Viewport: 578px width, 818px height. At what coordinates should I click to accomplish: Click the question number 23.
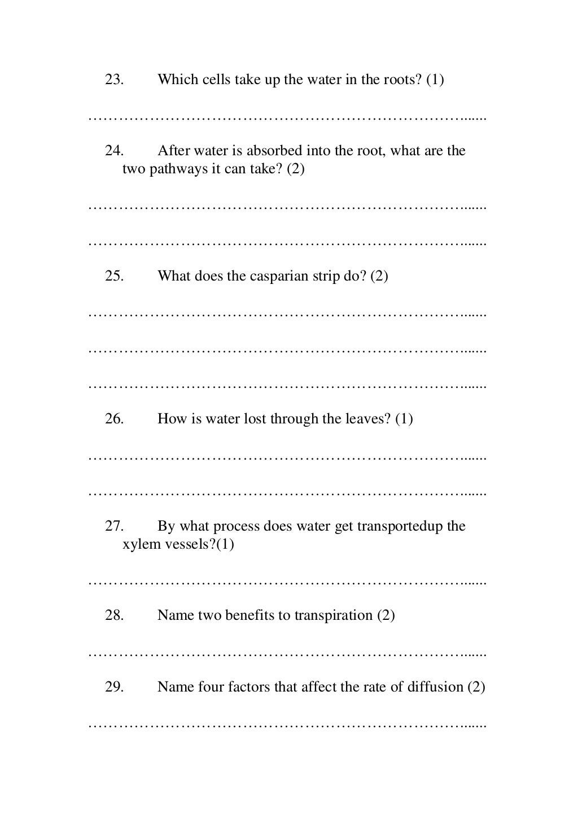(114, 80)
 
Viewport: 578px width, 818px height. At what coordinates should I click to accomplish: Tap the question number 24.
(114, 151)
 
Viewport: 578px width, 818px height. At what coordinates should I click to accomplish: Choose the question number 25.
(114, 276)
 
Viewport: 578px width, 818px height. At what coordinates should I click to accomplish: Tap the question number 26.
(114, 419)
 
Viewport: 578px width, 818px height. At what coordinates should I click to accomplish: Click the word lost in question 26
(255, 419)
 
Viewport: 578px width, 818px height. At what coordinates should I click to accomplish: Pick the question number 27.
(114, 526)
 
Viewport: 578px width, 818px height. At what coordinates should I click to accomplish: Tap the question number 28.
(114, 615)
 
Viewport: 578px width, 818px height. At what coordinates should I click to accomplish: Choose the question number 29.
(114, 687)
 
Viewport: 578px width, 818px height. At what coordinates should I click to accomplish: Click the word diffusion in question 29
(435, 687)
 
